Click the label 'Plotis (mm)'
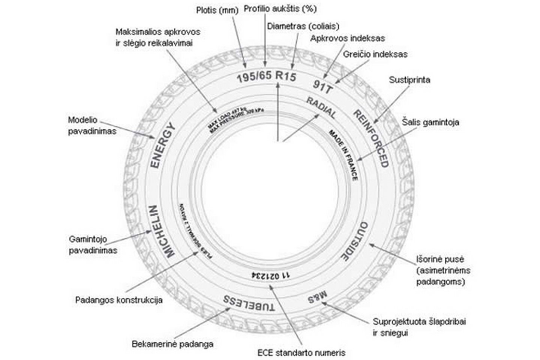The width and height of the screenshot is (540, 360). [x=217, y=10]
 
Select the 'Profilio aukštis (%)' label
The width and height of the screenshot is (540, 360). [x=280, y=8]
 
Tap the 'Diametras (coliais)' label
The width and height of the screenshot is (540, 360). [x=303, y=26]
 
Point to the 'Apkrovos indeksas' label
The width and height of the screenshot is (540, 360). [x=347, y=38]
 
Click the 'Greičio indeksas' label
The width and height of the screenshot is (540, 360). [x=375, y=54]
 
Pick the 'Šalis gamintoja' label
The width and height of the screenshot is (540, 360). [x=430, y=123]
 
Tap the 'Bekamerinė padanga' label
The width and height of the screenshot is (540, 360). [x=172, y=344]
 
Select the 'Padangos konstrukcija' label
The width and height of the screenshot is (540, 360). [x=119, y=300]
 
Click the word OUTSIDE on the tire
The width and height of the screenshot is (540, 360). [x=355, y=241]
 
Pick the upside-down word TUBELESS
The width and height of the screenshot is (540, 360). [x=249, y=304]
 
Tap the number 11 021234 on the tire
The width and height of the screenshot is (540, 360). [x=271, y=276]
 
